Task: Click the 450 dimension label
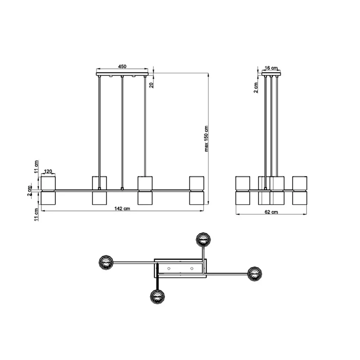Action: tap(122, 66)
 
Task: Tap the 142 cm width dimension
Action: tap(122, 209)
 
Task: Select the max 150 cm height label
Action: tap(207, 138)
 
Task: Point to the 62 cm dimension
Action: tap(272, 212)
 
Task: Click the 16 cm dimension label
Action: tap(271, 68)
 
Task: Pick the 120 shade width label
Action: tap(48, 172)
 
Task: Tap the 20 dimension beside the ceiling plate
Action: tap(151, 85)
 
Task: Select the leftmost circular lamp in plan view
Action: tap(105, 262)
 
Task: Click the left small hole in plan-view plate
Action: tap(168, 268)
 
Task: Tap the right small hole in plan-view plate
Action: tap(192, 268)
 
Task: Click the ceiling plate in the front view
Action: tap(122, 75)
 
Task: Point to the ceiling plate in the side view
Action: tap(272, 74)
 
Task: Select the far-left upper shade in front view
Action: tap(48, 183)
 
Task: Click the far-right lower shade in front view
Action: tap(196, 198)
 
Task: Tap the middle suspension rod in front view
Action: tap(122, 132)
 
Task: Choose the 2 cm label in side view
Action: tap(256, 88)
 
